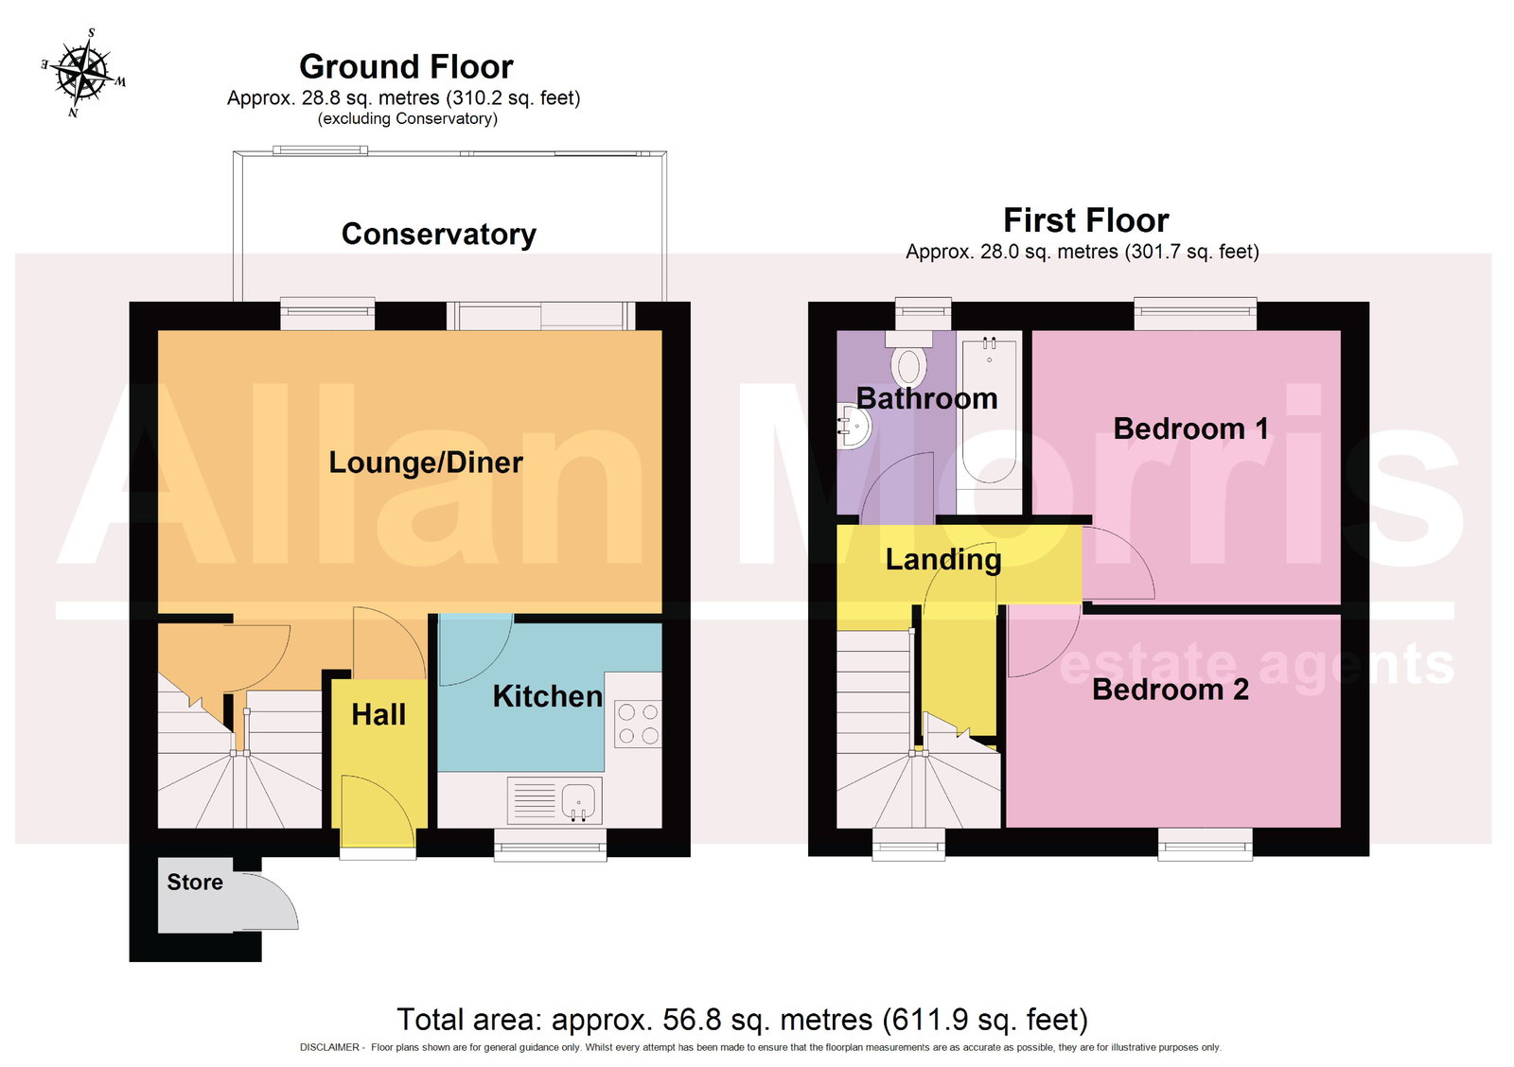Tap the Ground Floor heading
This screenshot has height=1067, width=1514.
406,67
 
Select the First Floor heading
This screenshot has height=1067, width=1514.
1086,220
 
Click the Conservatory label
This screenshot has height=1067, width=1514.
439,235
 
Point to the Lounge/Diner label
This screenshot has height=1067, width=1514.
426,463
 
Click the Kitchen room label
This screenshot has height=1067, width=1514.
548,697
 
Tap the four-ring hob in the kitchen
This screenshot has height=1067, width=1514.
638,724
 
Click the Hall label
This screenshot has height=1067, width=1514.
378,715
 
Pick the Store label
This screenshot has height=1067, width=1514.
195,882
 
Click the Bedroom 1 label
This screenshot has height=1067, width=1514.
1191,429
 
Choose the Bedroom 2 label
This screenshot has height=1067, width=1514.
1171,690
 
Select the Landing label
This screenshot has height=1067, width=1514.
943,560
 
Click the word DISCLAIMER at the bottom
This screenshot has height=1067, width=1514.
330,1047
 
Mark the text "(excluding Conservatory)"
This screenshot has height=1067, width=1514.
408,119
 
